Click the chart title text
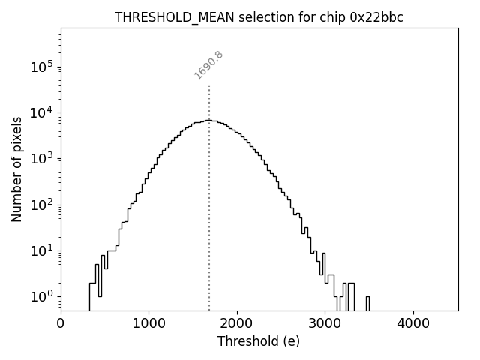(259, 17)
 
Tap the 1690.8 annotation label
(209, 64)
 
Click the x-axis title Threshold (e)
(259, 341)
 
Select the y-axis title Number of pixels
(17, 169)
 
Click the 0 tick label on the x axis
(61, 323)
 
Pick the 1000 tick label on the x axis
(148, 323)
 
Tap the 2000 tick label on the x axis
(237, 323)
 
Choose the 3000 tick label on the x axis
(325, 323)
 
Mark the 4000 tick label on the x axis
(413, 323)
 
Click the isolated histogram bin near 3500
(367, 302)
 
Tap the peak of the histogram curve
(209, 120)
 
